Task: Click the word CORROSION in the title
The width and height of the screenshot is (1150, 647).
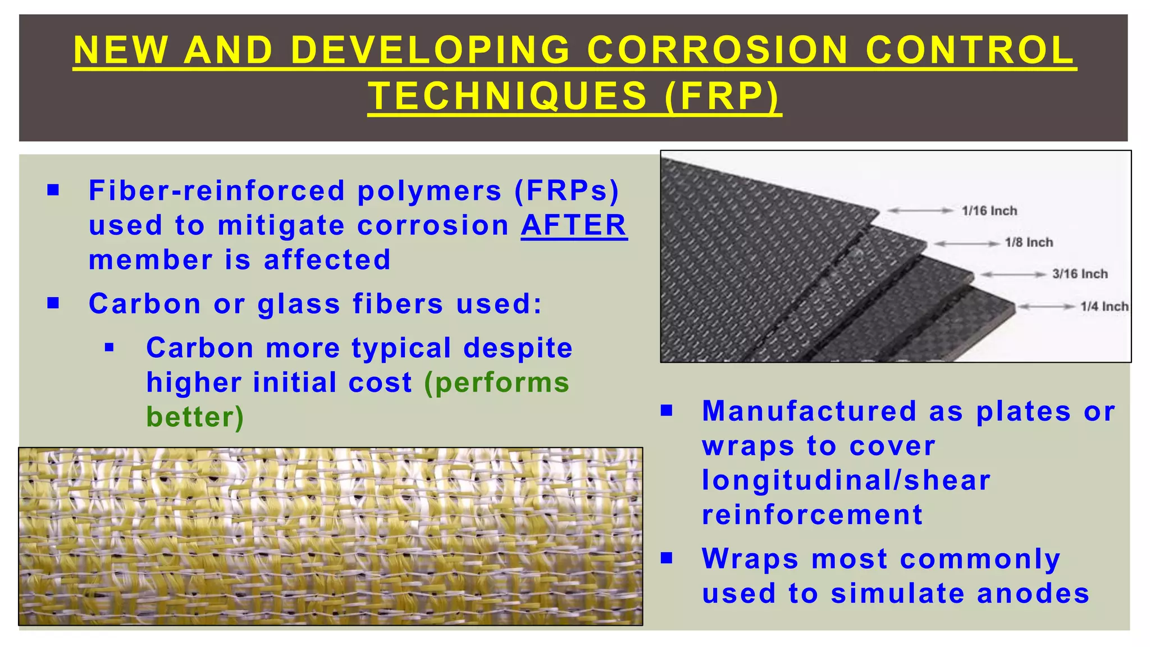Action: (x=717, y=50)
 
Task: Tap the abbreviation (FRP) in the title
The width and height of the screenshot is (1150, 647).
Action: (x=722, y=95)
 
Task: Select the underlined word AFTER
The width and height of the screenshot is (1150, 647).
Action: (x=574, y=225)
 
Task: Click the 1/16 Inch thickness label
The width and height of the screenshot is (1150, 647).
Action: (x=989, y=211)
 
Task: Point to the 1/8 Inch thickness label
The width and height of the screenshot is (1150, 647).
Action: (x=1029, y=243)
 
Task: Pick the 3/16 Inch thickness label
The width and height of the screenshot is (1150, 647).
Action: (x=1080, y=274)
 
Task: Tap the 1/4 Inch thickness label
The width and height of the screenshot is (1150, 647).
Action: (x=1104, y=307)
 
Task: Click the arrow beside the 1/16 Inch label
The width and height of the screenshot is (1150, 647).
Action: (x=920, y=211)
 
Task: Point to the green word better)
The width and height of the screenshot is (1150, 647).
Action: (x=195, y=417)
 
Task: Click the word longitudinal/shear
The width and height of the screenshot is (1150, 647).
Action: (x=846, y=481)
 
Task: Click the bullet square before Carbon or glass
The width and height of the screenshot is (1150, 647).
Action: (x=53, y=303)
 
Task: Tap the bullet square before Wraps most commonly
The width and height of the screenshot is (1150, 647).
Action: (x=667, y=558)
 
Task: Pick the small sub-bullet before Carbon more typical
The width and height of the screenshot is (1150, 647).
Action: (x=109, y=348)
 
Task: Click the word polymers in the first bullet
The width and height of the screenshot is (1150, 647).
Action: (x=430, y=190)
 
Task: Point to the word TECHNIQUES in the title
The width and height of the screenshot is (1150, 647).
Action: (x=508, y=95)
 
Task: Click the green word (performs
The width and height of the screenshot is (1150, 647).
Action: (x=496, y=383)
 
